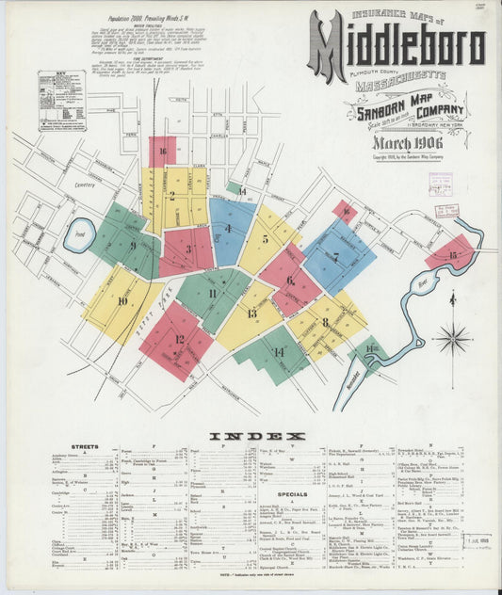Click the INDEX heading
click(x=256, y=437)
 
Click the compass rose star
click(x=453, y=336)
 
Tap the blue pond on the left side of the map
click(x=79, y=234)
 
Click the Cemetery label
click(x=59, y=186)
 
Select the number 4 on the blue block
click(x=227, y=228)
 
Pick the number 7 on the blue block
click(x=335, y=255)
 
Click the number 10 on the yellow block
click(x=122, y=301)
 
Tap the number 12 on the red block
click(x=179, y=339)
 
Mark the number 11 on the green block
click(x=213, y=294)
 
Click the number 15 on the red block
click(x=452, y=254)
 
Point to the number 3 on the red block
click(x=188, y=249)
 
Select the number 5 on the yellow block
click(x=266, y=239)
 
